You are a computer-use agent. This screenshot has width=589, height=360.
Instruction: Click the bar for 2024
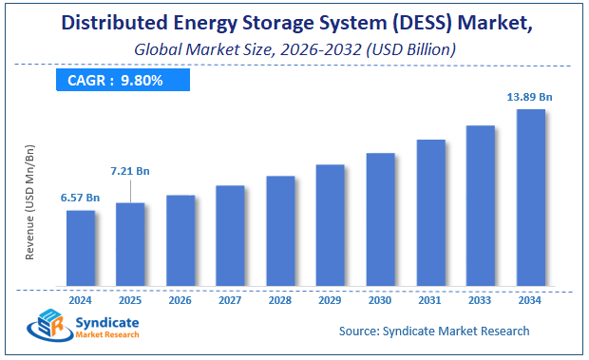[81, 248]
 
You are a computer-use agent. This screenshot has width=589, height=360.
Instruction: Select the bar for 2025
[131, 244]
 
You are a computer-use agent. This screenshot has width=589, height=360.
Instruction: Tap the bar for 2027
[231, 236]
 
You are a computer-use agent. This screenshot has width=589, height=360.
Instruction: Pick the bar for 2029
[331, 225]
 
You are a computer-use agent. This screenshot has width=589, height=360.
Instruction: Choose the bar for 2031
[430, 213]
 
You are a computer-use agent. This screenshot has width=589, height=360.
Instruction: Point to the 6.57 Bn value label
[81, 197]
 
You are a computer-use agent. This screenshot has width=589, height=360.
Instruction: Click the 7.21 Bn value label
[130, 171]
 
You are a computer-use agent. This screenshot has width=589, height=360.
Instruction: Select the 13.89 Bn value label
[530, 96]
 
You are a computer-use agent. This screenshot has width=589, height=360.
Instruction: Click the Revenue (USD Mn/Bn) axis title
[30, 201]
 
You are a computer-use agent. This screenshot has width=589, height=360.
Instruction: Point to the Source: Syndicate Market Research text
[434, 332]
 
